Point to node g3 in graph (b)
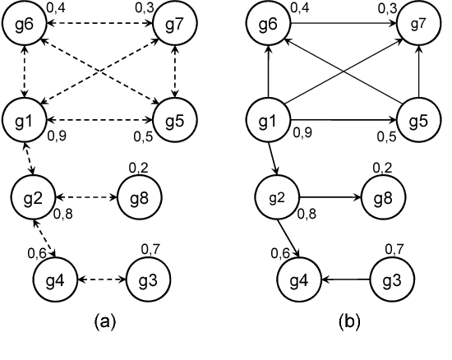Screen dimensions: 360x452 click(393, 279)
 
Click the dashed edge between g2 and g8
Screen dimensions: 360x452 click(86, 197)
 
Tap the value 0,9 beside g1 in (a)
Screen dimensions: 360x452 click(58, 136)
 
